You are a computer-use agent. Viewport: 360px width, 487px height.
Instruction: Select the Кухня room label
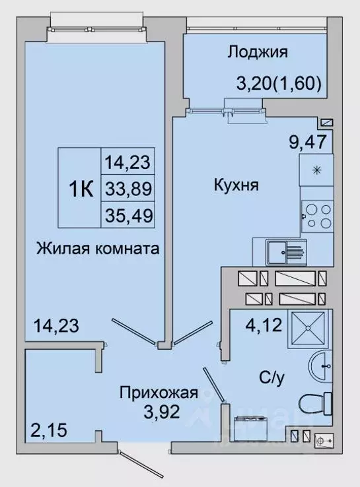click(236, 185)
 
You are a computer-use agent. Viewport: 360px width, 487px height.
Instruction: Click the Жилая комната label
click(98, 249)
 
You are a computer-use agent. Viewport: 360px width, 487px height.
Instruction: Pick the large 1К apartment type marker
click(81, 189)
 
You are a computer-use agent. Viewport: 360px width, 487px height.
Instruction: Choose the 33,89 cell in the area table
click(128, 189)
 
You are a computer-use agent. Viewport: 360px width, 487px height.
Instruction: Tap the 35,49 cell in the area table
click(128, 216)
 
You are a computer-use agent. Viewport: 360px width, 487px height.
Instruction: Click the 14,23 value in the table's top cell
click(128, 162)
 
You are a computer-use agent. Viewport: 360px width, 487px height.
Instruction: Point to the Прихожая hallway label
click(159, 394)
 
